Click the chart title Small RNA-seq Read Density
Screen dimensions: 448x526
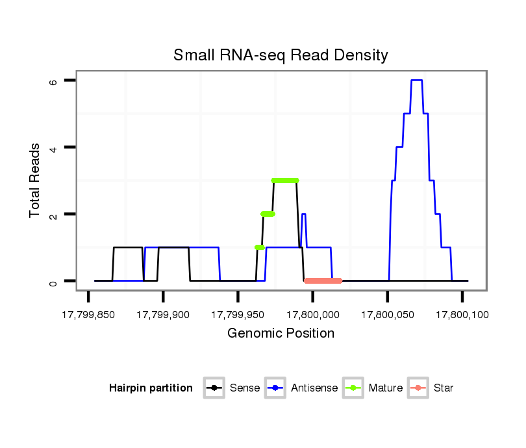281,55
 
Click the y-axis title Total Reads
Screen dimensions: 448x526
36,180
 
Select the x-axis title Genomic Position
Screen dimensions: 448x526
281,334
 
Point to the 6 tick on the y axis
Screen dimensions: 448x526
54,81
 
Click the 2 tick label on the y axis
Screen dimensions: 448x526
54,214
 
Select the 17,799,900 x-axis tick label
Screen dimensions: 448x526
163,316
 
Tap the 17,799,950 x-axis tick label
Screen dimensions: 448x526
238,316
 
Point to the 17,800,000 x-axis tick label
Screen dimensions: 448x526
312,316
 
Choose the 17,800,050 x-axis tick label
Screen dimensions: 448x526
388,316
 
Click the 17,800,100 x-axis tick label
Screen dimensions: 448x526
462,316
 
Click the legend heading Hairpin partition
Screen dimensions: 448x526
151,388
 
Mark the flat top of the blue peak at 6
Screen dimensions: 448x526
417,80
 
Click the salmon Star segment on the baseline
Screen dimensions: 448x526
323,280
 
